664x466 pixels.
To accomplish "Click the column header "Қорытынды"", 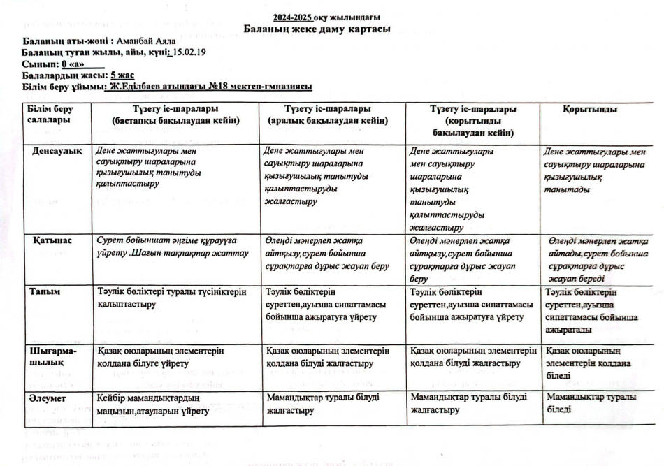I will click(x=590, y=110).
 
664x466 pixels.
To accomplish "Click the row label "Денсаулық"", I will click(x=58, y=151).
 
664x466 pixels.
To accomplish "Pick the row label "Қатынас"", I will click(x=52, y=240).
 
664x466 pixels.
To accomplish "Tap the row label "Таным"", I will click(x=44, y=291).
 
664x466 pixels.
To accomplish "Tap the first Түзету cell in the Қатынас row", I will click(x=173, y=247).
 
